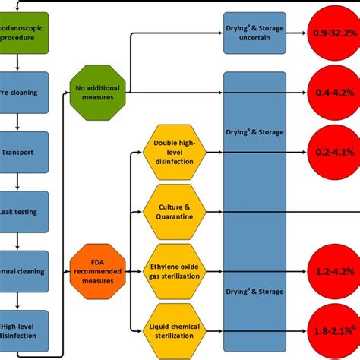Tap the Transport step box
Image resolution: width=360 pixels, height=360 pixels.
pyautogui.click(x=24, y=151)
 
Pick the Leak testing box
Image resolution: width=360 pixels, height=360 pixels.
pyautogui.click(x=24, y=211)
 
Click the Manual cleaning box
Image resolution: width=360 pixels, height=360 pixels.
pyautogui.click(x=24, y=271)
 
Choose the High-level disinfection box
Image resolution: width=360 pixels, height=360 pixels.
pyautogui.click(x=24, y=330)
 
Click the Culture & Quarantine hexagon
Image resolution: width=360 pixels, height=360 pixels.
pyautogui.click(x=175, y=210)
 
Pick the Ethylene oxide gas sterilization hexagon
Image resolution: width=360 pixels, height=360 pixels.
pyautogui.click(x=175, y=270)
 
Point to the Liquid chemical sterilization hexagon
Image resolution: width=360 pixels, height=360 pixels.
pyautogui.click(x=175, y=330)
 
